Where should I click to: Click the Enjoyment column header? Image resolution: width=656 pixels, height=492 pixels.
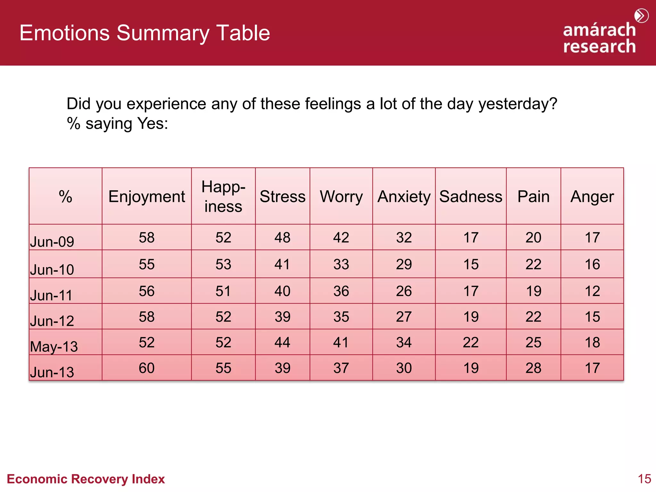click(x=147, y=196)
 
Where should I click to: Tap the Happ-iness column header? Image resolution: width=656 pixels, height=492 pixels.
click(x=223, y=196)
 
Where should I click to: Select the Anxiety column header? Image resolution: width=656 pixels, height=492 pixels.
click(x=404, y=196)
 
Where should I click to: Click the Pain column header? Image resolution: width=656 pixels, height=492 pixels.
click(x=533, y=196)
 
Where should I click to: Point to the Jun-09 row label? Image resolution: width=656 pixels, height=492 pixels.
click(x=52, y=242)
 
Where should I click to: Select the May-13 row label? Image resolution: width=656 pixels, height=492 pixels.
click(x=54, y=347)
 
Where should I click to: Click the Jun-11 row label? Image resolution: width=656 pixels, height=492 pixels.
click(x=51, y=295)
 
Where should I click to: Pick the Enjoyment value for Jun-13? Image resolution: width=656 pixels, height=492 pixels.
click(x=147, y=368)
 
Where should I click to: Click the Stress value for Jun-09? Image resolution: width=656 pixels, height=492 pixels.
click(x=282, y=237)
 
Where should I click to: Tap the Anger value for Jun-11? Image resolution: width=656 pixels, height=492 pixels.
click(x=592, y=291)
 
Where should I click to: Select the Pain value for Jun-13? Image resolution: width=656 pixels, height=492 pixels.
click(x=533, y=368)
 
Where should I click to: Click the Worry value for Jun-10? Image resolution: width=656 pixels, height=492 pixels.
click(x=341, y=264)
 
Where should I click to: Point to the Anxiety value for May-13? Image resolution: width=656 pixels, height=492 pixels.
click(x=404, y=342)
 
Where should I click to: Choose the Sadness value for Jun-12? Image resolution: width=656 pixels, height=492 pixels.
click(x=471, y=316)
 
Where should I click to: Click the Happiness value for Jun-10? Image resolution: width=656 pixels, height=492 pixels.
click(x=223, y=264)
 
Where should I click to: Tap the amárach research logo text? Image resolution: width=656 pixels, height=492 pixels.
click(x=599, y=38)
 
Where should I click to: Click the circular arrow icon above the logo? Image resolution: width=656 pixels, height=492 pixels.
click(x=641, y=16)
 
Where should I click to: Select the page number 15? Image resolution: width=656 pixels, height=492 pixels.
click(x=644, y=479)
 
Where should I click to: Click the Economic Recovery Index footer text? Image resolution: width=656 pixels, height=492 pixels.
click(x=86, y=479)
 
